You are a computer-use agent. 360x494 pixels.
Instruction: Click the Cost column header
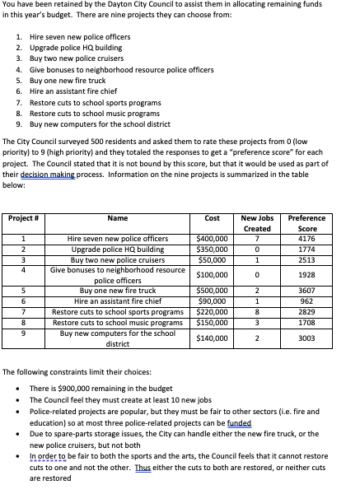coord(212,218)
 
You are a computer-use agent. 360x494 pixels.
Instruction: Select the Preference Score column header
coord(306,223)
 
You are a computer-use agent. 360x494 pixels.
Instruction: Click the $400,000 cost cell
coord(212,239)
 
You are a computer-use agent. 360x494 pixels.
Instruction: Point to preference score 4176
coord(306,239)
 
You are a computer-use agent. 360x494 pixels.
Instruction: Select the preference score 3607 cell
coord(306,291)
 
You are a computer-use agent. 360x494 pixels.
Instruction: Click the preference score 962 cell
coord(306,301)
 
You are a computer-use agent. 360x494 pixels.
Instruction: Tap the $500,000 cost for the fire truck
coord(212,291)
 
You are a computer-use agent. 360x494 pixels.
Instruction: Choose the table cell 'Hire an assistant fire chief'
coord(118,301)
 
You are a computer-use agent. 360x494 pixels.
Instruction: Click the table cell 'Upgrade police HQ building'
coord(118,249)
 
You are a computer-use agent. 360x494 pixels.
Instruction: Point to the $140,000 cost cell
coord(212,338)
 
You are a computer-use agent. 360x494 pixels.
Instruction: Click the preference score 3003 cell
coord(306,338)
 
